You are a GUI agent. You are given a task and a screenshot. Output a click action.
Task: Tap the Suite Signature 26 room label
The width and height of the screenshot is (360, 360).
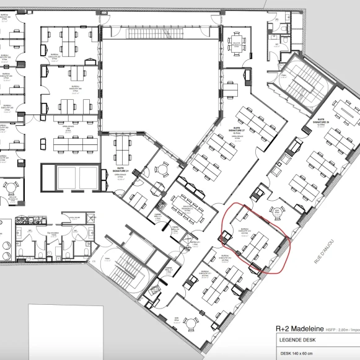click(321, 120)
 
